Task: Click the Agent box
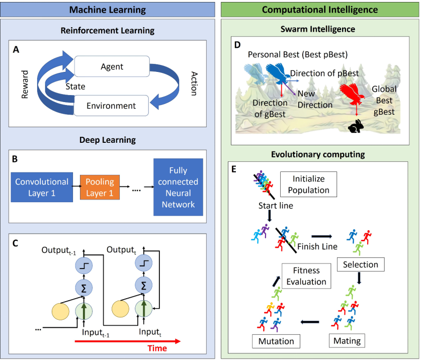point(111,66)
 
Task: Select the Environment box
point(111,106)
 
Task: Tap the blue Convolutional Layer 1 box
point(42,187)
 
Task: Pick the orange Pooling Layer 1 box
point(100,187)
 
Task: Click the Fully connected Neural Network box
point(178,187)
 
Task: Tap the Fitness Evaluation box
point(307,276)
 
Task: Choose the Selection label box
point(360,264)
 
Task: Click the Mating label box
point(347,341)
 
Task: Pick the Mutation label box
point(276,341)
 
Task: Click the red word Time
point(157,348)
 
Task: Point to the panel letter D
point(237,45)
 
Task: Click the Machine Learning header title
point(107,9)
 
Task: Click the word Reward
point(26,84)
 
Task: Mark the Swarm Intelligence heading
point(318,29)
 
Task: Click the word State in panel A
point(76,86)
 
